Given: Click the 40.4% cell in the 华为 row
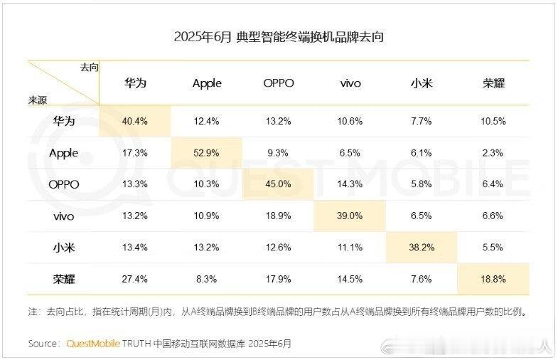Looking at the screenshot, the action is [x=134, y=121].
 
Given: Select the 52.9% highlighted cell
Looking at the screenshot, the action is [x=206, y=153].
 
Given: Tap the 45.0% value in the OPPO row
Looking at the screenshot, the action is [x=278, y=184].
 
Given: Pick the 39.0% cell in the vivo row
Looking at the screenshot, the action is [x=350, y=216].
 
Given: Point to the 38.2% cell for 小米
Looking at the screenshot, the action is [x=422, y=248].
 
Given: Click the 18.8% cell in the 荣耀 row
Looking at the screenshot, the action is [x=493, y=279].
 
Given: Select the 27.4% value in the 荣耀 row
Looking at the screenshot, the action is [x=134, y=279].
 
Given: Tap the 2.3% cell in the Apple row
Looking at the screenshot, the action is [x=493, y=153].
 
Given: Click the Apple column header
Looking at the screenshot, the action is [x=207, y=84].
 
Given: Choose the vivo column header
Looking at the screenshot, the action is [x=350, y=84].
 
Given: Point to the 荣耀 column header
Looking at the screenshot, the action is [x=493, y=83].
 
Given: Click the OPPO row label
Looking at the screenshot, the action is [x=64, y=184].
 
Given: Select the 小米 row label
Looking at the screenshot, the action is [x=64, y=248].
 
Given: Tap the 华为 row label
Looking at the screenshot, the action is [x=64, y=121].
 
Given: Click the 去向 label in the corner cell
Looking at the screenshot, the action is [x=90, y=68].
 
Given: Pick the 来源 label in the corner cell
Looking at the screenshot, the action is [x=38, y=100].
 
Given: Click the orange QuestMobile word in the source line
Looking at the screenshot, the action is [x=93, y=344].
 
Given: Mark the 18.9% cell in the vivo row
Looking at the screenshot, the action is [x=278, y=216].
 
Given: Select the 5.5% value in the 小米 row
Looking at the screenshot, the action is [x=493, y=248].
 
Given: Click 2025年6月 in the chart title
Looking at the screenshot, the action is [x=203, y=37].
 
